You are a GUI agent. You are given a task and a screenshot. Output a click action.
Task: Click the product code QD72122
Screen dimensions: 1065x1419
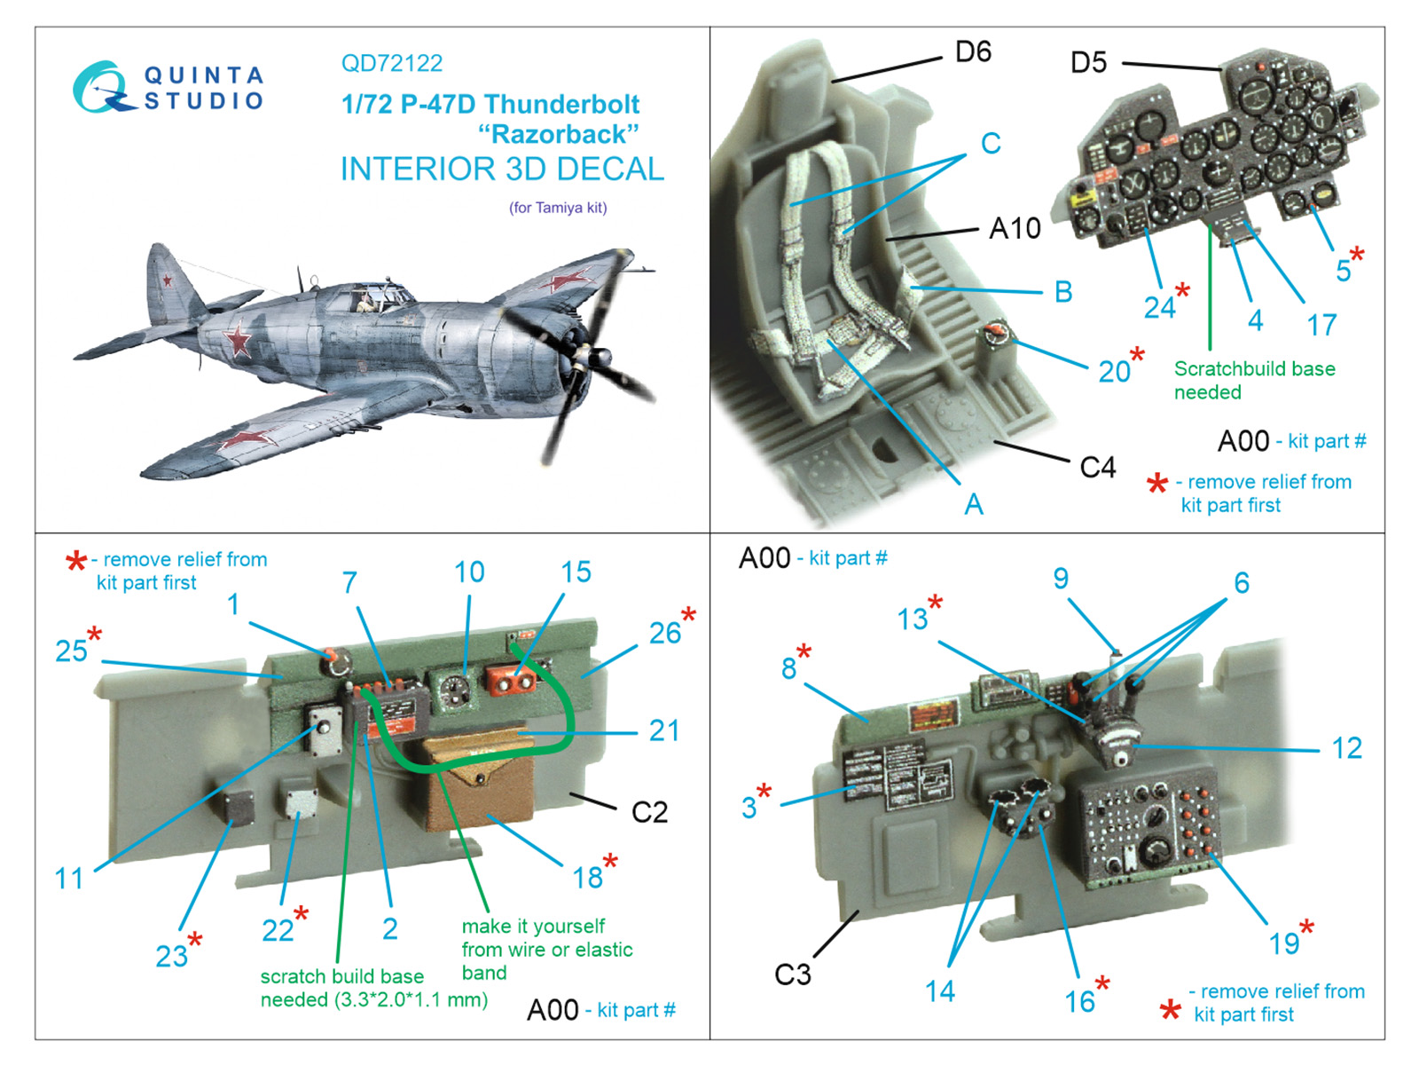[x=391, y=63]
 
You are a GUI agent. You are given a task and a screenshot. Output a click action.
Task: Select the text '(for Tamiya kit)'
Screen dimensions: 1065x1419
[x=558, y=208]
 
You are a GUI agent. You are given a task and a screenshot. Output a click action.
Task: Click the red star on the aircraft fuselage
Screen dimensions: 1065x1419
[x=239, y=340]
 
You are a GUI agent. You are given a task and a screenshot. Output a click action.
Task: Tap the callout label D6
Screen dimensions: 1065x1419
[x=973, y=52]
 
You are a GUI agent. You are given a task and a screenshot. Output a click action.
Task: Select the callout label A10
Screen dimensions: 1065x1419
[x=1015, y=229]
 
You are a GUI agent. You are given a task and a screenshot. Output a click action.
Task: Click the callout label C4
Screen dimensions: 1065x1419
[x=1097, y=468]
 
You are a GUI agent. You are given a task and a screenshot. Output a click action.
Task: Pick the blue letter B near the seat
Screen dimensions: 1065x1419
[x=1063, y=292]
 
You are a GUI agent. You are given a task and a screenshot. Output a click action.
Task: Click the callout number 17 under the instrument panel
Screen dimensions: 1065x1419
[x=1321, y=325]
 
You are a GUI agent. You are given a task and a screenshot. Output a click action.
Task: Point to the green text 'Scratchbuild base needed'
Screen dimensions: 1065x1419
[x=1253, y=380]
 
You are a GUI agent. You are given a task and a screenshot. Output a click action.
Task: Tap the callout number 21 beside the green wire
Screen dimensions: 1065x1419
[x=664, y=730]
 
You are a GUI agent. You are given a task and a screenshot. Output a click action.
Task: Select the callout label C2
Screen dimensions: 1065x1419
[x=649, y=812]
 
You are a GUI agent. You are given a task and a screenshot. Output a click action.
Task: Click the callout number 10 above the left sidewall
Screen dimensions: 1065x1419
[x=469, y=572]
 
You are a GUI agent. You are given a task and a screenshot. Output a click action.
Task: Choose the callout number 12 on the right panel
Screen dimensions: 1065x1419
[x=1346, y=748]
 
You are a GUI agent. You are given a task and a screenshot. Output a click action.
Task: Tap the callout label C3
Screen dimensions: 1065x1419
[x=793, y=974]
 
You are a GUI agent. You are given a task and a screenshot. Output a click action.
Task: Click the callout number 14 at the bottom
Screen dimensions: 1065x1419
[x=940, y=990]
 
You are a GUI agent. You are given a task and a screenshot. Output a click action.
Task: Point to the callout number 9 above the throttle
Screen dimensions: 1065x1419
[x=1061, y=579]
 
